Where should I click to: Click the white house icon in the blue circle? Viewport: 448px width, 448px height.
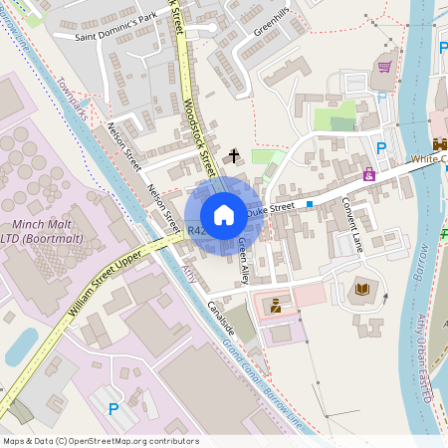[224, 214]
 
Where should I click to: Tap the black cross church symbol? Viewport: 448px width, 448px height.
[235, 155]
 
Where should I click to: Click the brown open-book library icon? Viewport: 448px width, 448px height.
[362, 291]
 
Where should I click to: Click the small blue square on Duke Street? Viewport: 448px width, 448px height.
[310, 203]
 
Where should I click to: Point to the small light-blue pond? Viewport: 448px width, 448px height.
[21, 345]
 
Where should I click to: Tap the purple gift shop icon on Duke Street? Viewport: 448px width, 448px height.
[369, 175]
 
